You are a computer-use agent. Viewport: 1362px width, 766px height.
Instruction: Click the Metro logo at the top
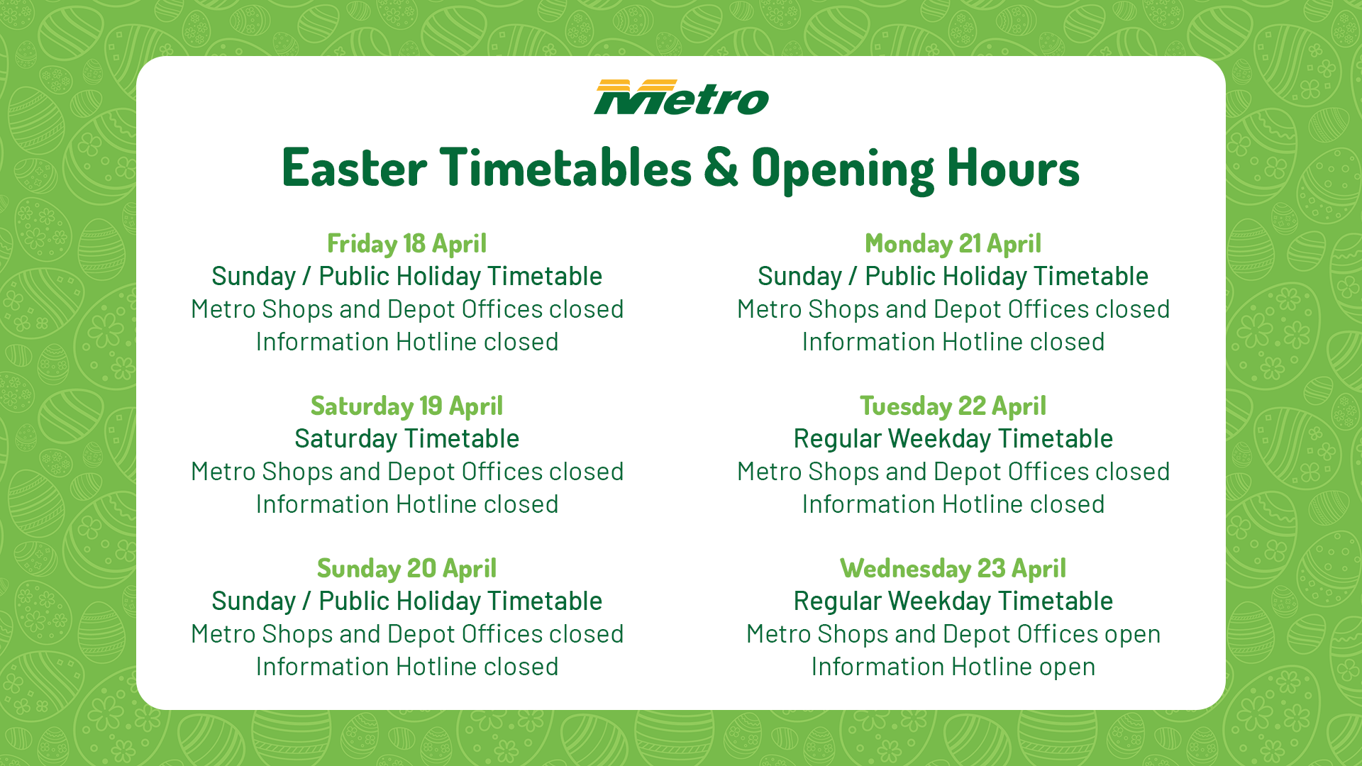coord(681,97)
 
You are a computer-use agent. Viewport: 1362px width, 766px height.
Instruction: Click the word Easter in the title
coord(355,168)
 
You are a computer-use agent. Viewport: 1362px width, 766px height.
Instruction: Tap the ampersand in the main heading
coord(721,168)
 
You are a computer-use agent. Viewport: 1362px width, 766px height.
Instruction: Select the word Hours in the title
coord(1013,168)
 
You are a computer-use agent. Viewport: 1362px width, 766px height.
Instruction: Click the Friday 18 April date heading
coord(407,244)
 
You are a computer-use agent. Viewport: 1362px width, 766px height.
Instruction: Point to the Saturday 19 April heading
coord(407,406)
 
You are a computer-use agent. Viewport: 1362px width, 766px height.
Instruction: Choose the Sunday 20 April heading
coord(407,569)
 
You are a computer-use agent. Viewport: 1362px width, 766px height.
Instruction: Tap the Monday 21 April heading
coord(953,244)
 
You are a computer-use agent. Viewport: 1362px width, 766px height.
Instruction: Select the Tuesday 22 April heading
coord(953,406)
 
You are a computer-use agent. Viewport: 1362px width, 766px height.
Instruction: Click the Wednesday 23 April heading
coord(953,569)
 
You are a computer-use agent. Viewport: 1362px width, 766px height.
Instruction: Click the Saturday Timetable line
coord(407,439)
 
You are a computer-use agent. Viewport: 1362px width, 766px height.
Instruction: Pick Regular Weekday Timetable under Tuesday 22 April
coord(953,439)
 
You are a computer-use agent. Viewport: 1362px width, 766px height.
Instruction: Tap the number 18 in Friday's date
coord(415,244)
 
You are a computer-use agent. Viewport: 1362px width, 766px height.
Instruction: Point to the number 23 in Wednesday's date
coord(992,569)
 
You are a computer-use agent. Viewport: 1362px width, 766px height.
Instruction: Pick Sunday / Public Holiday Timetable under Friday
coord(407,277)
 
